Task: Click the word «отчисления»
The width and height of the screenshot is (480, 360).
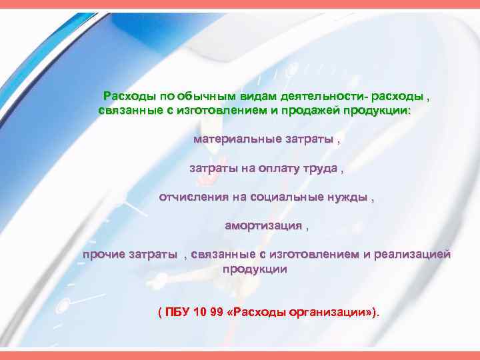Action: point(193,197)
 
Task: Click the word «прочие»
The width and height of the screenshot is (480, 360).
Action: point(103,255)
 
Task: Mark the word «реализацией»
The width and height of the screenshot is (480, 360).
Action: point(413,255)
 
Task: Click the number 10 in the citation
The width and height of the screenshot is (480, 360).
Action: point(197,312)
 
